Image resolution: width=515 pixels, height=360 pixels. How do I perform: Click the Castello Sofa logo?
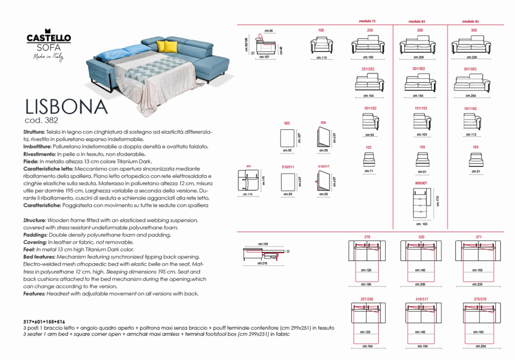(x=49, y=43)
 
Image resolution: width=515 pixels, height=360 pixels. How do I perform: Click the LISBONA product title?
(x=66, y=106)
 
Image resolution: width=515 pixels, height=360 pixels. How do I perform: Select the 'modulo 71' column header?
(x=367, y=21)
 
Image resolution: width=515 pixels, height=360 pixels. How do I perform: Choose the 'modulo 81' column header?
(x=417, y=21)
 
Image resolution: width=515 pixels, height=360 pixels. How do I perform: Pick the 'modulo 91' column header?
(x=469, y=21)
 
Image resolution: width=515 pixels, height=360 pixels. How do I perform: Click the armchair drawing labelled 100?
(x=321, y=44)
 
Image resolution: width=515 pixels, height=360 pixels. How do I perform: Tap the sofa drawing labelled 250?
(x=370, y=44)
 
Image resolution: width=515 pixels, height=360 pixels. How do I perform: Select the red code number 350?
(x=473, y=30)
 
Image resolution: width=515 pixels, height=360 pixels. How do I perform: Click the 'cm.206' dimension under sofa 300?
(x=419, y=57)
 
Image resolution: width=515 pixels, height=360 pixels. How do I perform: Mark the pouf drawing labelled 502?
(x=287, y=137)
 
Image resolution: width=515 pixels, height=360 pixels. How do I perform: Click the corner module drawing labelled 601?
(x=249, y=181)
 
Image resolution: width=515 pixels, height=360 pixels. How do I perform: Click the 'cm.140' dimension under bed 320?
(x=419, y=271)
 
